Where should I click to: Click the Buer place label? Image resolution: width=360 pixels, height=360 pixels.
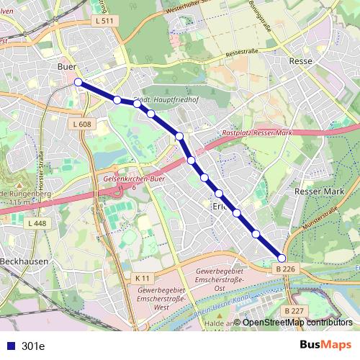click(66, 66)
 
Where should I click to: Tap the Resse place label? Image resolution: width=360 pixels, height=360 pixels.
click(300, 61)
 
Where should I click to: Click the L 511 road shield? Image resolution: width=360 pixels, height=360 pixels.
click(104, 22)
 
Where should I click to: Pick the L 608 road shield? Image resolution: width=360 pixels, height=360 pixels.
click(82, 125)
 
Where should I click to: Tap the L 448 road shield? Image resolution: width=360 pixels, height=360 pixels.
click(37, 224)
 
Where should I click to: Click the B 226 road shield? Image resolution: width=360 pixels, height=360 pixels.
click(286, 269)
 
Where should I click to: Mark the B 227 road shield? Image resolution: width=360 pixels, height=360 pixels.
click(292, 310)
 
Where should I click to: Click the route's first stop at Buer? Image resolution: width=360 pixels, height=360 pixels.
click(78, 82)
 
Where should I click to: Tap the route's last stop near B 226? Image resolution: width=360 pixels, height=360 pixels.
click(282, 258)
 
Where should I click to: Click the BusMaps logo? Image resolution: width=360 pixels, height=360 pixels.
click(326, 345)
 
